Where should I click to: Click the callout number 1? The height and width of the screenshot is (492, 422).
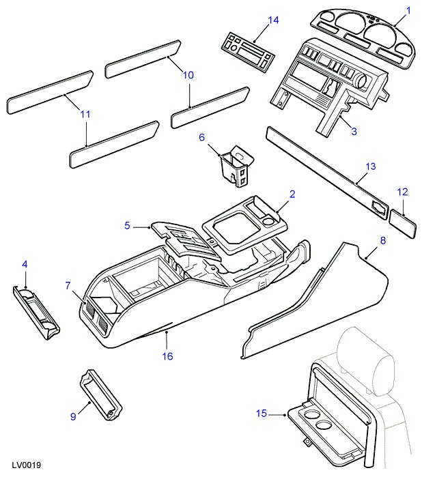pyautogui.click(x=408, y=11)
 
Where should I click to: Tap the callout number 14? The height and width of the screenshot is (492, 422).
pyautogui.click(x=273, y=20)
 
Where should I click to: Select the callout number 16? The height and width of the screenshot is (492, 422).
pyautogui.click(x=168, y=356)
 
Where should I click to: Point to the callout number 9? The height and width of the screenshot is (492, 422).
pyautogui.click(x=73, y=416)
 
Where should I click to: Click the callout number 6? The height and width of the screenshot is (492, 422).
pyautogui.click(x=201, y=137)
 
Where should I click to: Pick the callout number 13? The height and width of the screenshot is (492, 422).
pyautogui.click(x=371, y=167)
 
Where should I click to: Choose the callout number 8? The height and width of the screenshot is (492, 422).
pyautogui.click(x=383, y=240)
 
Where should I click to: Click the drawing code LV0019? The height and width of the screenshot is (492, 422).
pyautogui.click(x=27, y=465)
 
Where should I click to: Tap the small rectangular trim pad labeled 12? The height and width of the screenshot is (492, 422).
pyautogui.click(x=403, y=225)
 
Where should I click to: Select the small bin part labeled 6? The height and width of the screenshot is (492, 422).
pyautogui.click(x=237, y=166)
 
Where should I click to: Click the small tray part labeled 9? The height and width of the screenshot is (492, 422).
pyautogui.click(x=100, y=395)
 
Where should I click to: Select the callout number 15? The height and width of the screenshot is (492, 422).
pyautogui.click(x=262, y=414)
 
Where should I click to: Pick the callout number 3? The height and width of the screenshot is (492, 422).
pyautogui.click(x=354, y=131)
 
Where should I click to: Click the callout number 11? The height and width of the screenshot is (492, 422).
pyautogui.click(x=85, y=114)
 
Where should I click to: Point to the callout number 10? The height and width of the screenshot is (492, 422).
pyautogui.click(x=188, y=75)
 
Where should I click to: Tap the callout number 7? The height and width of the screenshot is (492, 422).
pyautogui.click(x=68, y=285)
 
